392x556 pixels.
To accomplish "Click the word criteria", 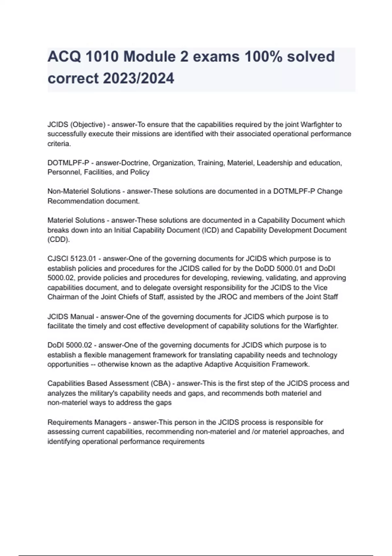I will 59,144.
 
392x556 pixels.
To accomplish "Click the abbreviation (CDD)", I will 58,240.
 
